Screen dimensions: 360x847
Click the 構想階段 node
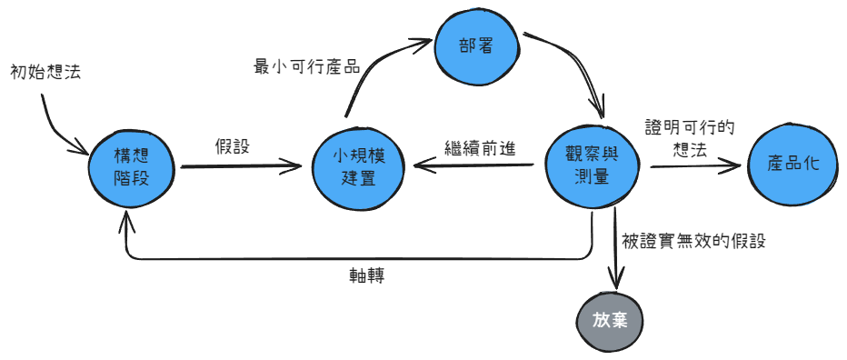pyautogui.click(x=131, y=166)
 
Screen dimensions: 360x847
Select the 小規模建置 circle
pyautogui.click(x=358, y=166)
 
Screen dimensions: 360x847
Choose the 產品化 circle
pyautogui.click(x=793, y=165)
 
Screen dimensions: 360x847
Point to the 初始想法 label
pyautogui.click(x=45, y=71)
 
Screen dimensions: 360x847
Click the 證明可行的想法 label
pyautogui.click(x=689, y=138)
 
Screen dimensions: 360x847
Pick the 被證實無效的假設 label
pyautogui.click(x=693, y=241)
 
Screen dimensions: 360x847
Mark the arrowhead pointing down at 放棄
pyautogui.click(x=618, y=282)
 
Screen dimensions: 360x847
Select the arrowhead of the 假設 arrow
pyautogui.click(x=295, y=166)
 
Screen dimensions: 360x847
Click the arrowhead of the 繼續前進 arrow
pyautogui.click(x=420, y=166)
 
